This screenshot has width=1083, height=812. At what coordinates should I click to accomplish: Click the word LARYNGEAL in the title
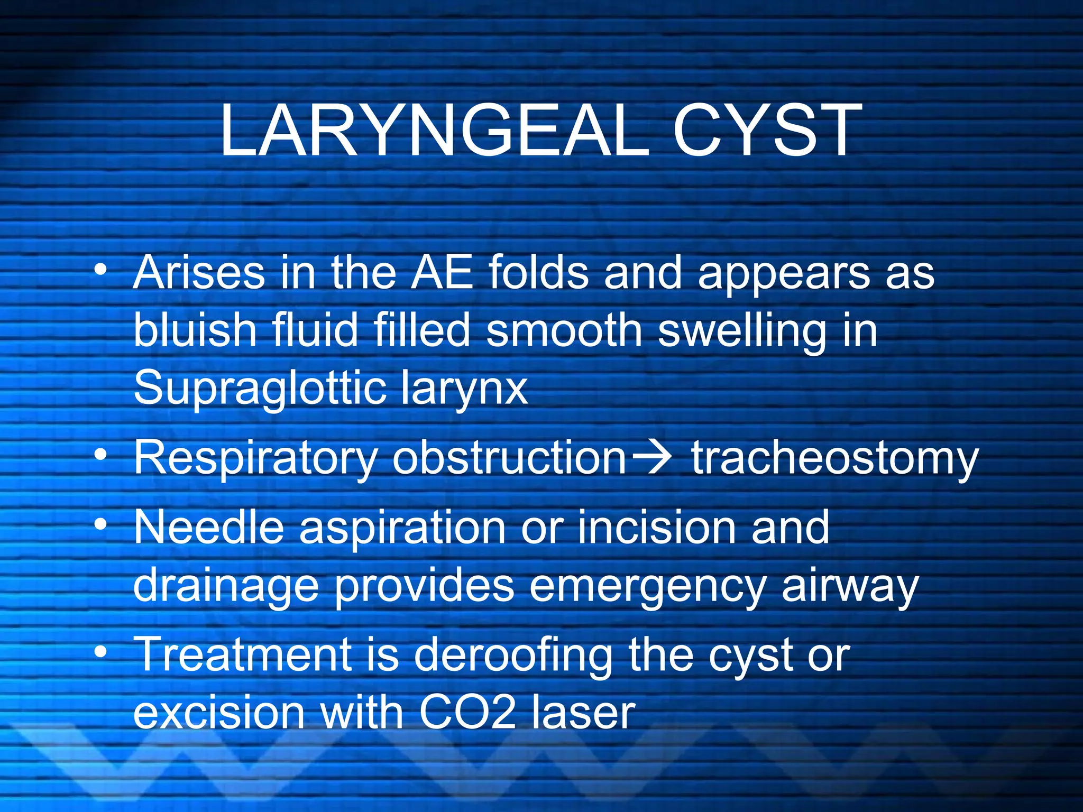(434, 131)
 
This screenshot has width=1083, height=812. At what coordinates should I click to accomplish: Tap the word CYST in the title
(767, 131)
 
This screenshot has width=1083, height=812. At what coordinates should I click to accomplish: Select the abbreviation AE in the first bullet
(442, 273)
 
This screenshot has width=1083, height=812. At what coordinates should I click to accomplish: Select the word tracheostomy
(835, 458)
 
